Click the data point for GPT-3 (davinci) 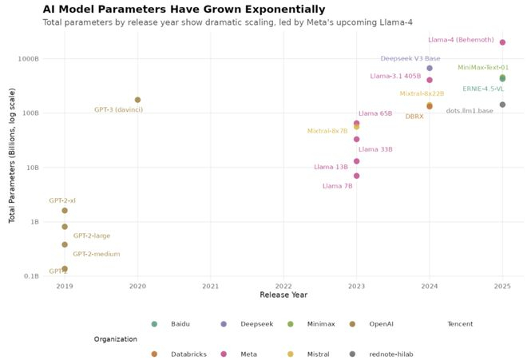click(137, 100)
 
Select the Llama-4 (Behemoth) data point click(502, 42)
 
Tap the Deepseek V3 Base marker click(430, 68)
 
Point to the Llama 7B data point click(356, 176)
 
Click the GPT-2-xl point click(65, 211)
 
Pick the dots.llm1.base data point click(502, 105)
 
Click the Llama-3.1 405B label click(395, 77)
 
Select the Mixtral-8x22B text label click(422, 93)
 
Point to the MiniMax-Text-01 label click(483, 68)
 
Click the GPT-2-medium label click(97, 254)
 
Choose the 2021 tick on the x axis click(211, 285)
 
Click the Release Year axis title click(283, 295)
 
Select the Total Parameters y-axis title click(12, 167)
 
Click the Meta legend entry click(248, 354)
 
